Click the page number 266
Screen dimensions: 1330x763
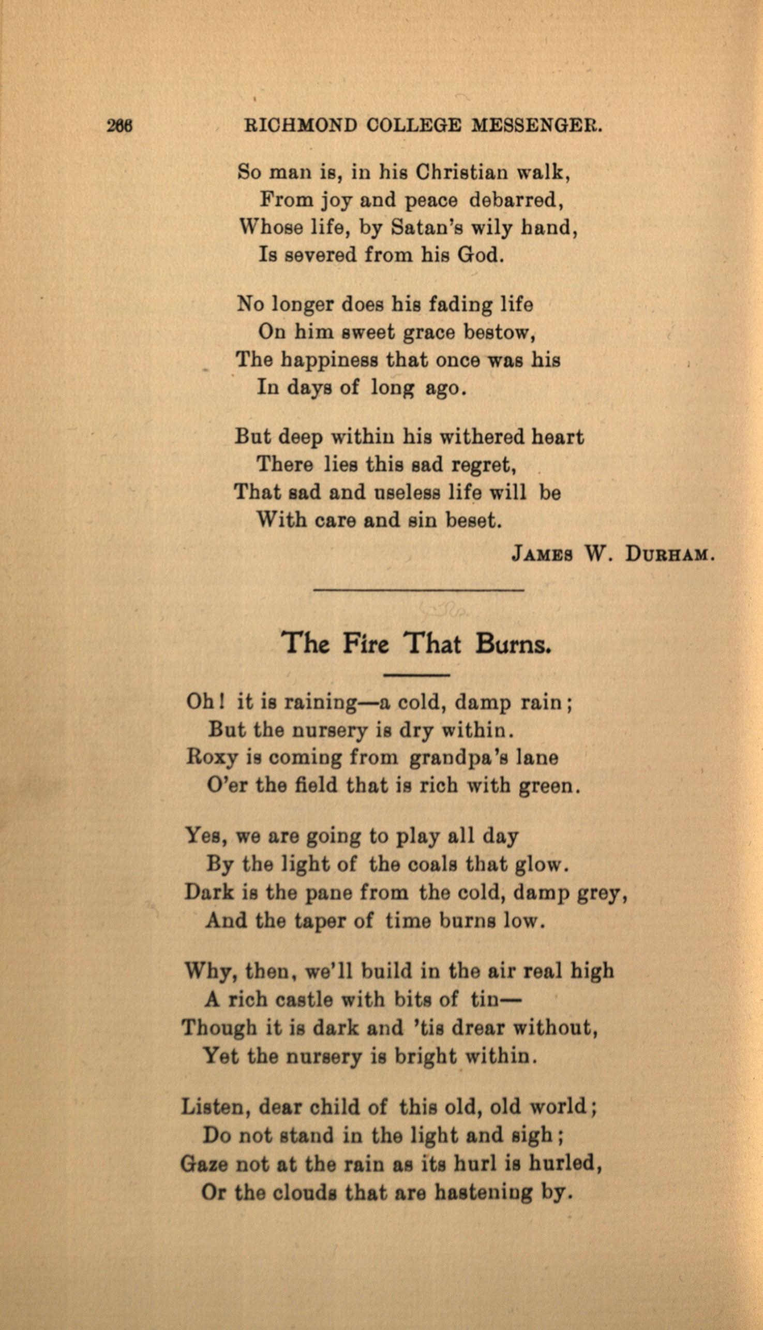tap(120, 126)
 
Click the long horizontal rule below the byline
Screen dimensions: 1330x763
tap(418, 591)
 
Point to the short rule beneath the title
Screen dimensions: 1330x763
tap(416, 675)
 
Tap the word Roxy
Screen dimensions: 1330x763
tap(209, 758)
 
